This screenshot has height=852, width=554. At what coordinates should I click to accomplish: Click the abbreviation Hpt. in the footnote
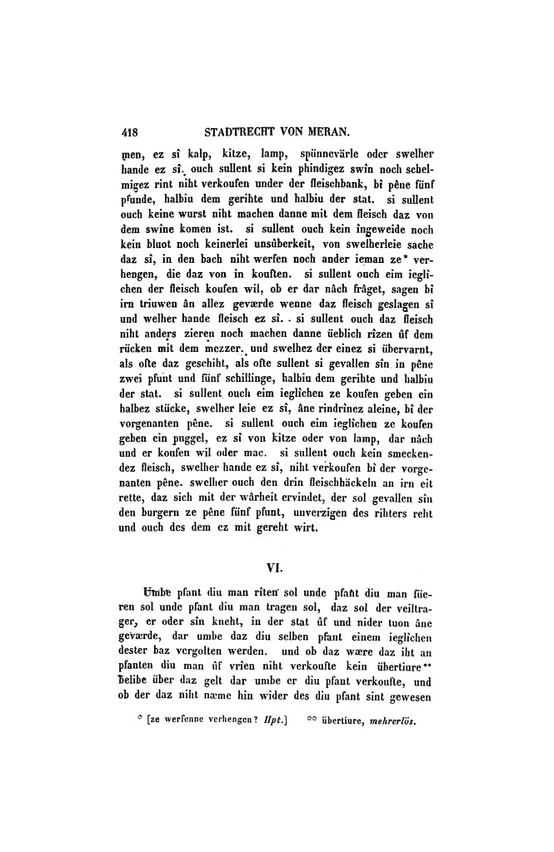point(272,722)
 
